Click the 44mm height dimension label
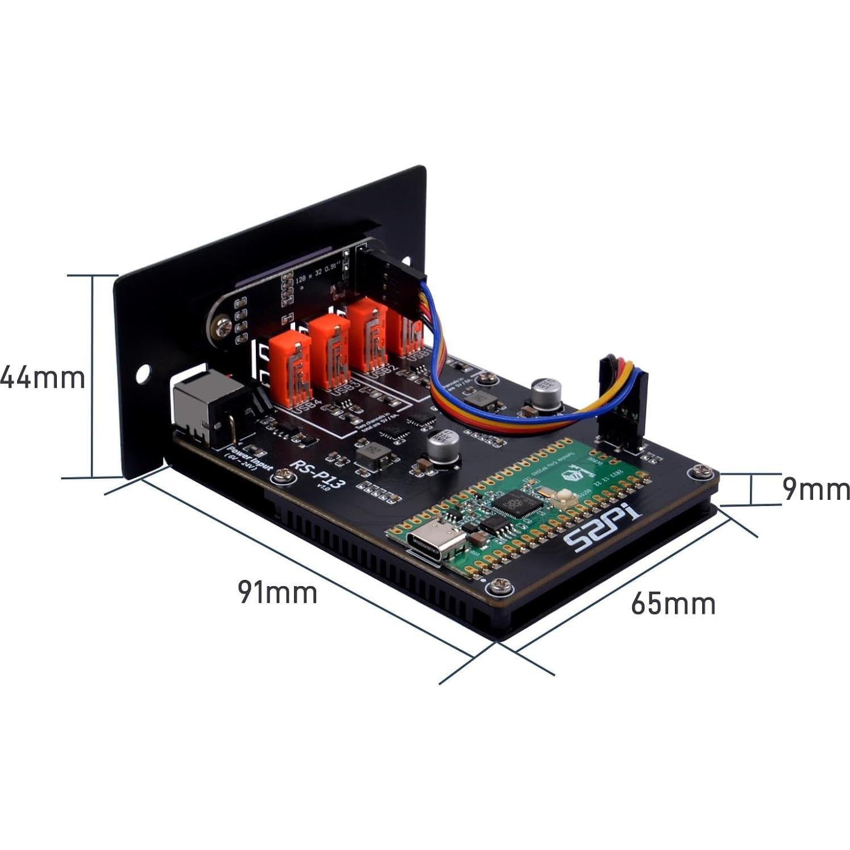pyautogui.click(x=43, y=378)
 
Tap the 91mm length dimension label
pyautogui.click(x=277, y=592)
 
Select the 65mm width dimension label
pyautogui.click(x=673, y=604)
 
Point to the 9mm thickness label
pyautogui.click(x=815, y=489)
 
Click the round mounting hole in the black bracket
pyautogui.click(x=142, y=373)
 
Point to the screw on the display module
pyautogui.click(x=222, y=327)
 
